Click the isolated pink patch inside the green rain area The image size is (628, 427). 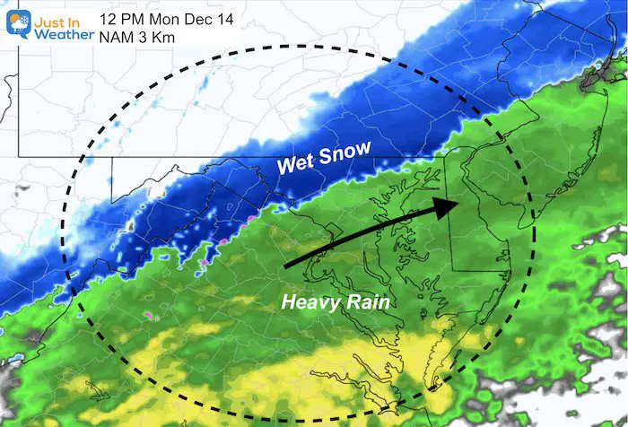coord(143,316)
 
